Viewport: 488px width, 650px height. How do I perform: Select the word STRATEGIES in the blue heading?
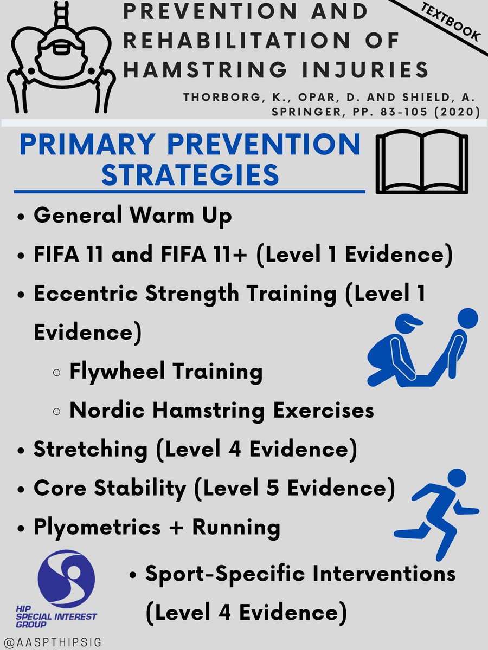pos(190,174)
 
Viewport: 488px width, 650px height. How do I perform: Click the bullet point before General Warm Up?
pos(21,217)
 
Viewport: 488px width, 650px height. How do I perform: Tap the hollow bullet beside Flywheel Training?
pos(56,373)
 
